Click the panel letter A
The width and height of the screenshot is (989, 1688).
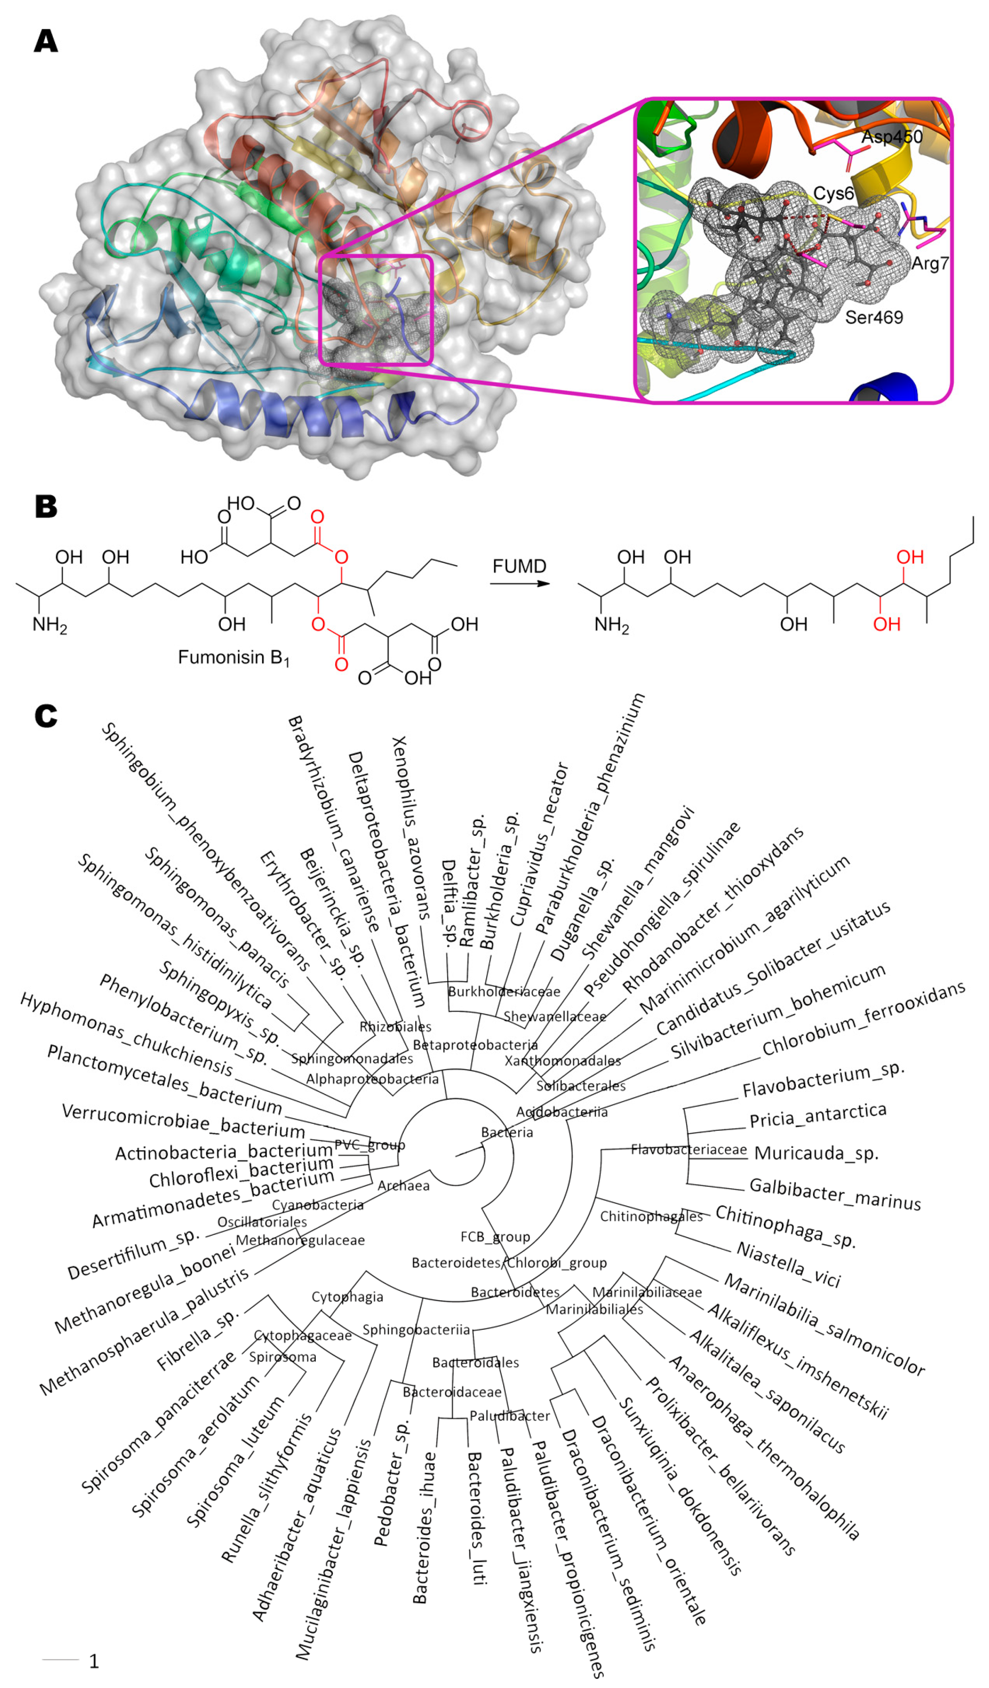coord(45,42)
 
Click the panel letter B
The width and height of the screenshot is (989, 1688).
coord(45,507)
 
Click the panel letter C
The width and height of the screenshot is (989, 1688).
coord(45,716)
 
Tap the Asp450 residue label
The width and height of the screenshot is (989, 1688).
coord(892,137)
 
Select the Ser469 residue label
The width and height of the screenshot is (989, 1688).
coord(874,318)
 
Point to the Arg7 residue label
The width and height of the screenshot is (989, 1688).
coord(930,263)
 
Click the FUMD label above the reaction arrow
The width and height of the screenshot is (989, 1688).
coord(520,567)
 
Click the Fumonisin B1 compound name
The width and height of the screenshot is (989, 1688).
coord(233,658)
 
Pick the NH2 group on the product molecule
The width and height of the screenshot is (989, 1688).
coord(611,625)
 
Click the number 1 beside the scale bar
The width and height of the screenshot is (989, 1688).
coord(94,1661)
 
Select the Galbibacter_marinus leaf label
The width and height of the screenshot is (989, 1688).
coord(835,1194)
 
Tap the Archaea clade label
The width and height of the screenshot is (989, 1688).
coord(403,1186)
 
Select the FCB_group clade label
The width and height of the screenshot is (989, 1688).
coord(495,1237)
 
